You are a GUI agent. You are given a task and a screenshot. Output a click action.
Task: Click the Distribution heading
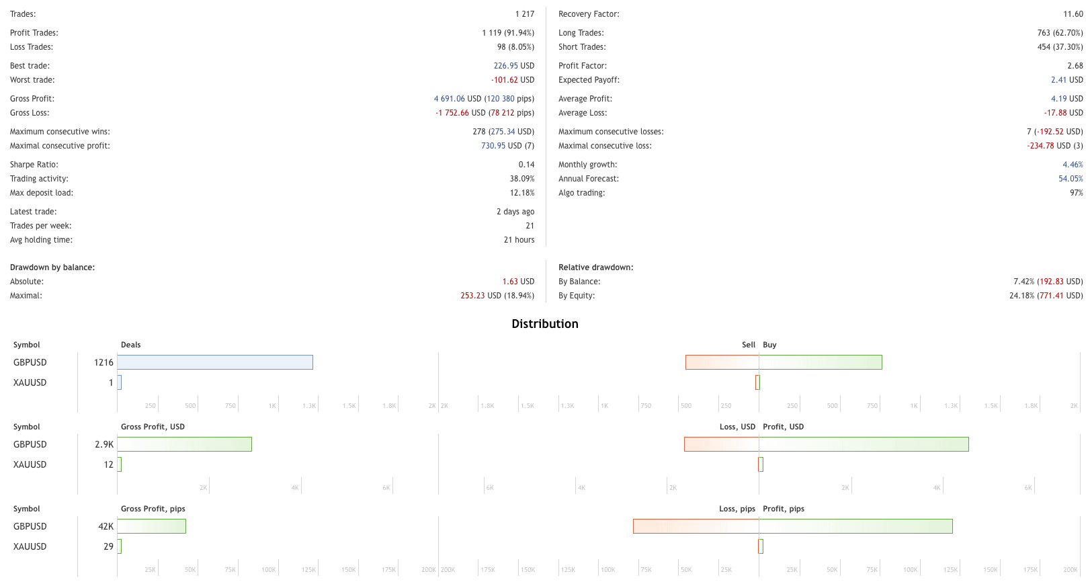pos(544,324)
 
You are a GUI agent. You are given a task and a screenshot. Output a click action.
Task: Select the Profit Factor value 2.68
pos(1075,66)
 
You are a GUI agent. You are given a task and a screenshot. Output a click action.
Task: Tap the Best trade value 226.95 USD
pos(513,66)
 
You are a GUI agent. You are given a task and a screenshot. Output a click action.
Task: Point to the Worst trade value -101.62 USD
pos(512,80)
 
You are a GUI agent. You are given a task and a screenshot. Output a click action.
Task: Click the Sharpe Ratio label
pos(34,165)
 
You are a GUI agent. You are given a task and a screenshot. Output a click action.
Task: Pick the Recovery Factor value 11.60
pos(1073,14)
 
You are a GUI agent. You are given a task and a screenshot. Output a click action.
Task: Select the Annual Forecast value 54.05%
pos(1071,179)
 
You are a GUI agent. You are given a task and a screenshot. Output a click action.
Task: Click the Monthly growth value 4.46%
pos(1073,165)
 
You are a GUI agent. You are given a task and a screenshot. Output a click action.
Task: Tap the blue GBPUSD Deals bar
pos(215,362)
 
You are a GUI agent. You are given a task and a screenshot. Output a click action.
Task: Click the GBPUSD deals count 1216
pos(103,363)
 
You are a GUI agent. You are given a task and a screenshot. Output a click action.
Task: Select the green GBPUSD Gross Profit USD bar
pos(185,444)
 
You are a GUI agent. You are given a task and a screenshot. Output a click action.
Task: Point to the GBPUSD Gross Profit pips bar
pos(152,526)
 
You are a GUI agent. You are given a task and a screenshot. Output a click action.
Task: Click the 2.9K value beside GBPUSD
pos(104,445)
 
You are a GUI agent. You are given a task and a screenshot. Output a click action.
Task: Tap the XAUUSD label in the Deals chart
pos(30,383)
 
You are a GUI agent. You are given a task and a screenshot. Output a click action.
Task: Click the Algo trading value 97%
pos(1076,193)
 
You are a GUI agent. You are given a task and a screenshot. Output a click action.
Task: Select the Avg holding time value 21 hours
pos(519,240)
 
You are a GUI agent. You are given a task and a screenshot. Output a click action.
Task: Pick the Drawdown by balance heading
pos(52,267)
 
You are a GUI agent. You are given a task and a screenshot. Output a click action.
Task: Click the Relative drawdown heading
pos(595,267)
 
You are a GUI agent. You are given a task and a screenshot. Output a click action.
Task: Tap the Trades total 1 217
pos(524,14)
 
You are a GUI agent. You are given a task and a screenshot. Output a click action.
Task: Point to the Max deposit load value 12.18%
pos(521,193)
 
